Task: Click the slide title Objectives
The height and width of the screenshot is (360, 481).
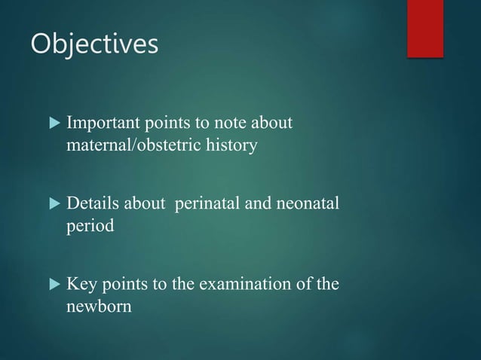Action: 94,44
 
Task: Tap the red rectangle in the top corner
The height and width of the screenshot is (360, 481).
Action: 424,28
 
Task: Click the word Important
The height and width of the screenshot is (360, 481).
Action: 100,122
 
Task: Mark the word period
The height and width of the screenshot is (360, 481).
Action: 90,226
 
